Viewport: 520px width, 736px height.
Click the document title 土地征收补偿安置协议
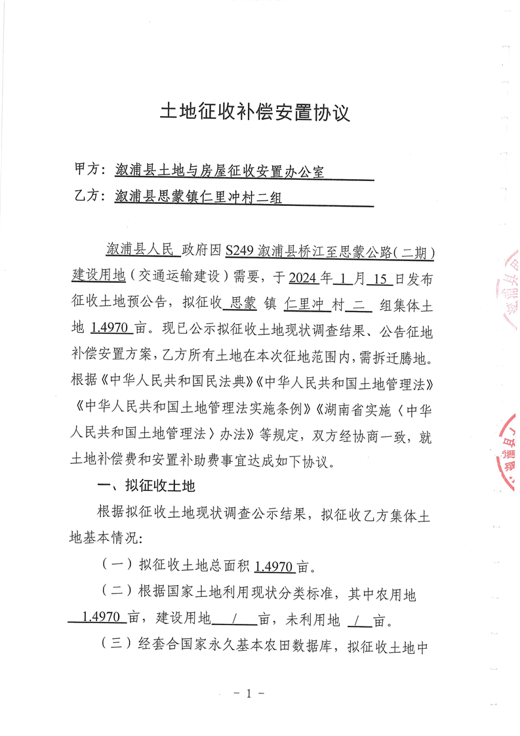pyautogui.click(x=256, y=113)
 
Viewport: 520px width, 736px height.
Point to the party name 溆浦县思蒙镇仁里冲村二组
pyautogui.click(x=198, y=195)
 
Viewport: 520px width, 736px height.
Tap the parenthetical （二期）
pyautogui.click(x=417, y=251)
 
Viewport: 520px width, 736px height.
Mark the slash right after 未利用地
pyautogui.click(x=357, y=619)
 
